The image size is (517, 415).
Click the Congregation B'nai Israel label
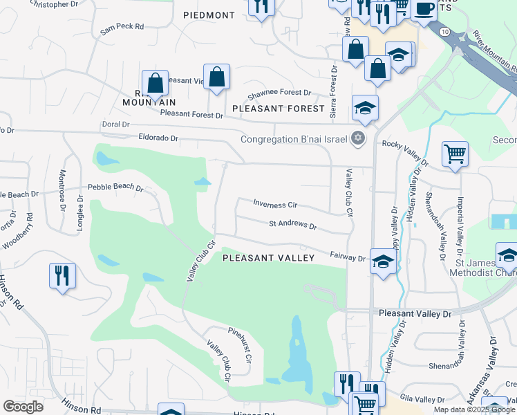(294, 139)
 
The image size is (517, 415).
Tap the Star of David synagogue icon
(357, 138)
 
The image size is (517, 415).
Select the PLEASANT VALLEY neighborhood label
(268, 258)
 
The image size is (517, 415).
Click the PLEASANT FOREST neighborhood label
(279, 109)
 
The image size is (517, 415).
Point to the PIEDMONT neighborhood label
(209, 15)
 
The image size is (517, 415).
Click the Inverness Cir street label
(275, 205)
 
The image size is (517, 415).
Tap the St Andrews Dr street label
(292, 225)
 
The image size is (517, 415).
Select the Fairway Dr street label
(347, 258)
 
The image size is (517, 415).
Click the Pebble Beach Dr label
(115, 187)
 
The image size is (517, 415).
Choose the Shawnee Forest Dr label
(279, 92)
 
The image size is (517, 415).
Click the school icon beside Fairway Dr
(382, 261)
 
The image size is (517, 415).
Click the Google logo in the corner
(23, 407)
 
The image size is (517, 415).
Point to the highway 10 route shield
(446, 33)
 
